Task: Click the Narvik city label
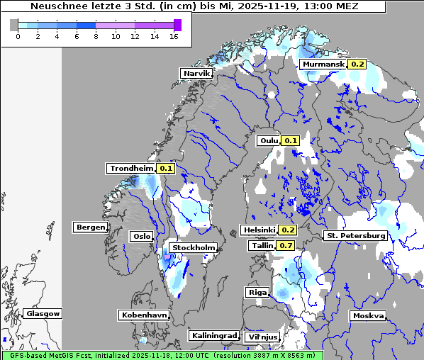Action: (196, 73)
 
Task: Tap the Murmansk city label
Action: (323, 64)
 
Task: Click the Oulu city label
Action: (269, 140)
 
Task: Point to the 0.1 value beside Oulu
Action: (291, 140)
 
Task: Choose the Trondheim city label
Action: (130, 168)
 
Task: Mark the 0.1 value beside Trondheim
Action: (165, 168)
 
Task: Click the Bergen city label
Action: (90, 227)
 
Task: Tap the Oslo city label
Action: (141, 236)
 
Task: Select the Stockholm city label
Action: (194, 247)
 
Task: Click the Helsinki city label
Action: (259, 230)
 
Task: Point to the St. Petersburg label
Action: (355, 235)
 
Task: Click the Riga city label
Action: (257, 292)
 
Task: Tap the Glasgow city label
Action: (43, 313)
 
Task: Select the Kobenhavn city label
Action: (144, 314)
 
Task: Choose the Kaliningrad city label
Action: (213, 335)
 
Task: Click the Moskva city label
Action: (368, 315)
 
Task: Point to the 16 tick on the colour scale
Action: (174, 37)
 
